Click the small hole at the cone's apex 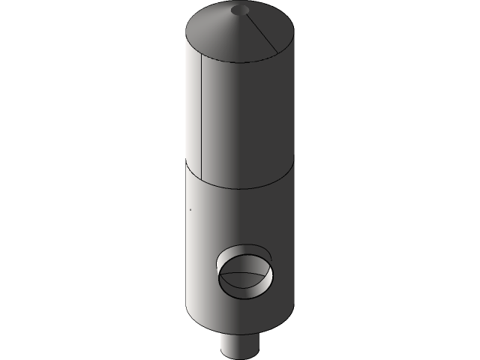tap(240, 10)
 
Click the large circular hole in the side tap(244, 270)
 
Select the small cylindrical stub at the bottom tap(240, 345)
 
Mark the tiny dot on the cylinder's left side tap(190, 209)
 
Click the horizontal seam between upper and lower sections tap(240, 184)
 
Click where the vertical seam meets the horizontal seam tap(202, 177)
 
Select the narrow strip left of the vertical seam tap(194, 112)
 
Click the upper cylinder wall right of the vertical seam tap(247, 120)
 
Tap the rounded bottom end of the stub tap(240, 355)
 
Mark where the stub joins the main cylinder tap(240, 334)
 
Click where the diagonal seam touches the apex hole tap(245, 13)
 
